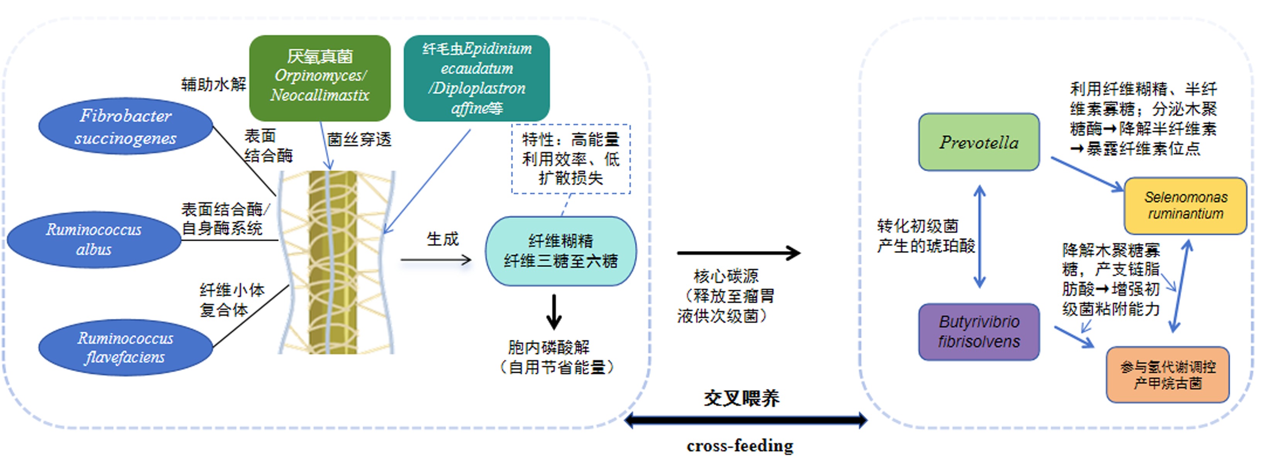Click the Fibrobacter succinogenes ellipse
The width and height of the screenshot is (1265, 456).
point(126,126)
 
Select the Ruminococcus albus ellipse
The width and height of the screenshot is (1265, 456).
point(94,239)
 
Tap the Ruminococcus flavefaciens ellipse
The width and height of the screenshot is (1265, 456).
point(126,348)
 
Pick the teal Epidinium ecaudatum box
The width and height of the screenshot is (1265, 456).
point(476,78)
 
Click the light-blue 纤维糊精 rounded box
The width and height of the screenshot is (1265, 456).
point(561,251)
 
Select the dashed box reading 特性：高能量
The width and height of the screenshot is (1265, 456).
point(571,159)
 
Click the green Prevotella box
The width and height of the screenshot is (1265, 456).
point(979,142)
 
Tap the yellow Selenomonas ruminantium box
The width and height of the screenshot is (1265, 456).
point(1185,205)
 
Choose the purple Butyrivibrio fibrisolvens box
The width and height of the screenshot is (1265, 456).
point(979,331)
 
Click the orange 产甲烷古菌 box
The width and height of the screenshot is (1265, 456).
point(1168,375)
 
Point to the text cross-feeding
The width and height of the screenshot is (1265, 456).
point(740,446)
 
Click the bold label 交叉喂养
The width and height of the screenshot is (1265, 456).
point(741,398)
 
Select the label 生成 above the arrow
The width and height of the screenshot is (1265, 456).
point(442,239)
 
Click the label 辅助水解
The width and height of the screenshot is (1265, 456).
point(214,85)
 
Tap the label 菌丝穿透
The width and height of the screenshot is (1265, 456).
point(359,140)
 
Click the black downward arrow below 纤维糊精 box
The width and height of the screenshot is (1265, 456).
point(554,312)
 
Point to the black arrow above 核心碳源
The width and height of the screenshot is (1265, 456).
point(739,253)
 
